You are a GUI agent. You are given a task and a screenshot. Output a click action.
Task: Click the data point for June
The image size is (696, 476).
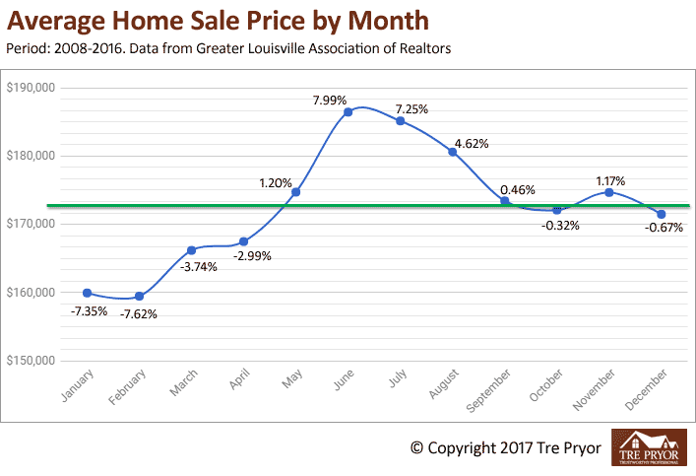[x=348, y=112]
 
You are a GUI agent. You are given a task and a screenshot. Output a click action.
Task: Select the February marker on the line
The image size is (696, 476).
[x=139, y=296]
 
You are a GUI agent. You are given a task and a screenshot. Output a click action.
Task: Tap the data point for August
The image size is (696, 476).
[x=452, y=152]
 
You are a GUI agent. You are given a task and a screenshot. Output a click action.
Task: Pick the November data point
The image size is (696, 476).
[x=608, y=192]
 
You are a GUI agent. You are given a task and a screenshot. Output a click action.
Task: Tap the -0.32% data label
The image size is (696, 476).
[x=559, y=226]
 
